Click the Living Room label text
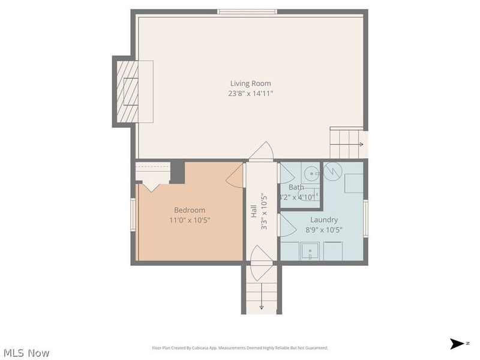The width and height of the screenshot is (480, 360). [251, 83]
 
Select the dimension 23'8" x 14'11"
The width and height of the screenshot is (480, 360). [251, 93]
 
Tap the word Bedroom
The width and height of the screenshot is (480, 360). [190, 210]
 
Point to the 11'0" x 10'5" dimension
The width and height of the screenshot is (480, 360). [190, 220]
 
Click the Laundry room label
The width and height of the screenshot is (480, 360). [324, 220]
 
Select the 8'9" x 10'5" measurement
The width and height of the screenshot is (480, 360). [324, 230]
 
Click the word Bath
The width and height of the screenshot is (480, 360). [296, 187]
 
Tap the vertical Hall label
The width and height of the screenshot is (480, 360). [254, 211]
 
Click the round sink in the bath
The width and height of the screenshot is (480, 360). [311, 173]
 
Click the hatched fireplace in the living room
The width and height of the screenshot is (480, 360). [127, 92]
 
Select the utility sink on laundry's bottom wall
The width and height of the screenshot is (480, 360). [310, 251]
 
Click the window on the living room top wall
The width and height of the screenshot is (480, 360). [247, 11]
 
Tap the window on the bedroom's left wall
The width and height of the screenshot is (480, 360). [133, 214]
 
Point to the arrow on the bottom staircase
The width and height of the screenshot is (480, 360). [262, 307]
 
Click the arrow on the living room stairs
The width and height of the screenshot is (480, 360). [361, 145]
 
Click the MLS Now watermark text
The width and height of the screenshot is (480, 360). [26, 353]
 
